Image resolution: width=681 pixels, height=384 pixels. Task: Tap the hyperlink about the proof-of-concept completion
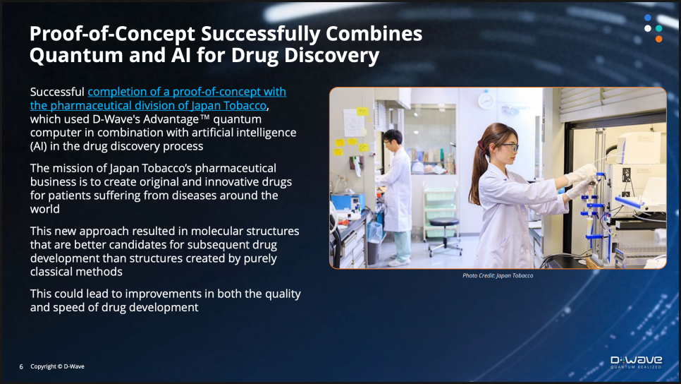[x=158, y=98]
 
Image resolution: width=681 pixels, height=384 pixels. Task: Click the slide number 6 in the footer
[x=21, y=366]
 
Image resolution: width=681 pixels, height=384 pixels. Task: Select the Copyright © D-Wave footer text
[x=57, y=366]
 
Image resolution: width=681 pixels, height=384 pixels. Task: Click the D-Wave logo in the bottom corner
[x=637, y=362]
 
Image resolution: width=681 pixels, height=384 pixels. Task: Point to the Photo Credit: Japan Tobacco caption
[x=498, y=275]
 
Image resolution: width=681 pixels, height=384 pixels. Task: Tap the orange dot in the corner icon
[x=658, y=39]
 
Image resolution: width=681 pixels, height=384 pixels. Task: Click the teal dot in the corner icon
[x=658, y=28]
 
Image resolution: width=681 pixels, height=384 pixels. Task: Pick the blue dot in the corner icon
[x=648, y=18]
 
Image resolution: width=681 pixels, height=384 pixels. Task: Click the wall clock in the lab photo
[x=486, y=100]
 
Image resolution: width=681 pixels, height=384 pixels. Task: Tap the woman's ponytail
[x=477, y=174]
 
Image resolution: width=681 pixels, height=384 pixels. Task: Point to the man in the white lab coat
[x=396, y=196]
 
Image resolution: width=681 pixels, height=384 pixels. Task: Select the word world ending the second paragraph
[x=44, y=209]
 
